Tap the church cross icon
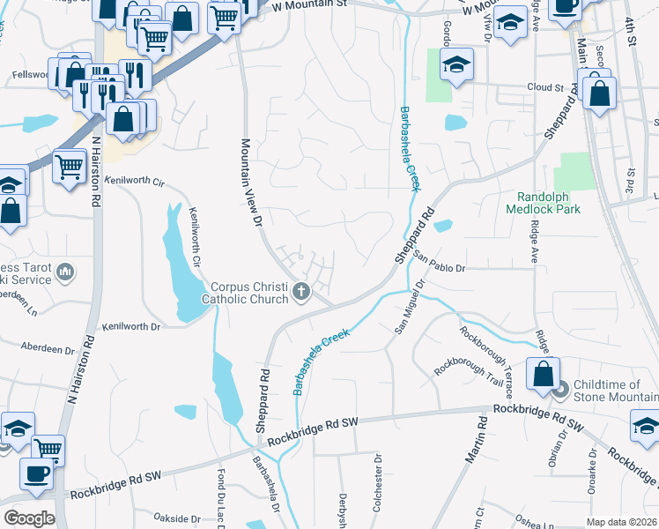(x=301, y=291)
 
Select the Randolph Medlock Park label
(x=544, y=204)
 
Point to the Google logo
(x=30, y=518)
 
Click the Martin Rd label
(x=477, y=441)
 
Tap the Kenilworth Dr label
(x=132, y=326)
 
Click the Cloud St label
(x=544, y=88)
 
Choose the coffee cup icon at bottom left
(x=37, y=473)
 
